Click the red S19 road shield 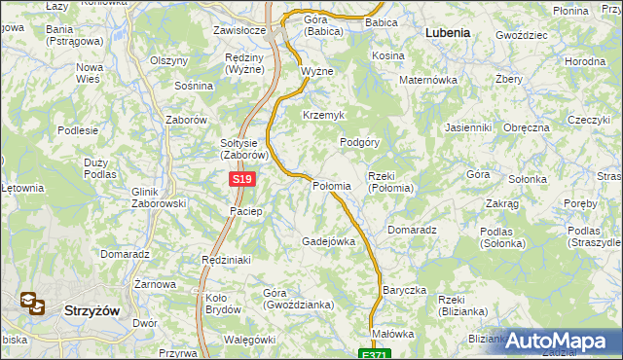(243, 180)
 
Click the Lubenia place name (448, 32)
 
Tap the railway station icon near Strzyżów (32, 305)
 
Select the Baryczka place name (405, 290)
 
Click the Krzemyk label (324, 115)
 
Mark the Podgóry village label (359, 142)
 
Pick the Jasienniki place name (468, 127)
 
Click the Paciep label (245, 211)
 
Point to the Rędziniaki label (227, 260)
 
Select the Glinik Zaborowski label (158, 198)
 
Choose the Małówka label (393, 334)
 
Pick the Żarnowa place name (155, 284)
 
